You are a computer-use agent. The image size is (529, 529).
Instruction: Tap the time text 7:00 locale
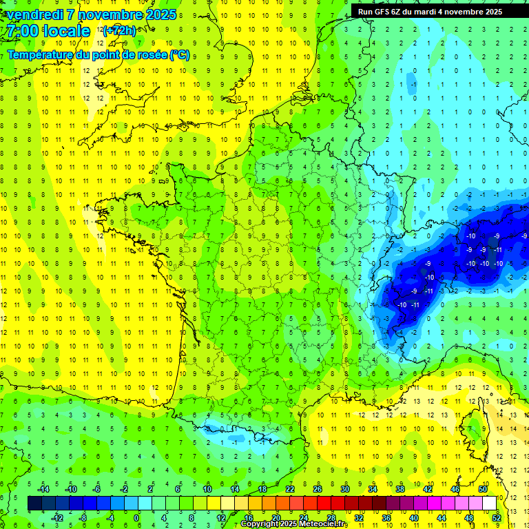[48, 31]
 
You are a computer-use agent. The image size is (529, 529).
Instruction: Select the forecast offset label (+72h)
[119, 31]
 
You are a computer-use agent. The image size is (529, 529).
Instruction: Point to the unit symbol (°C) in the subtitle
[179, 54]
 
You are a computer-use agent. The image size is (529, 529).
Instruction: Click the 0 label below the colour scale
[136, 517]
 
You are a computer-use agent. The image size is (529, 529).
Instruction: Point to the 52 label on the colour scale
[497, 517]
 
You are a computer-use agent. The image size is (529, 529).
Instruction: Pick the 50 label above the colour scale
[483, 488]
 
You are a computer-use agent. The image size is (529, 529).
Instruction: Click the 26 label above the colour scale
[318, 488]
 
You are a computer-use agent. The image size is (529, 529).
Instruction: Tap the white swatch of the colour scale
[489, 504]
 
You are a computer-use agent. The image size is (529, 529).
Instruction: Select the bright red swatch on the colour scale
[324, 504]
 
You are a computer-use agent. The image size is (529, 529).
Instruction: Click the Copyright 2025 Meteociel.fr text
[294, 524]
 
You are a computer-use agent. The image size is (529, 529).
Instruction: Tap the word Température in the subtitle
[42, 54]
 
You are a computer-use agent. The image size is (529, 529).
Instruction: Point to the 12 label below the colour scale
[221, 517]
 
